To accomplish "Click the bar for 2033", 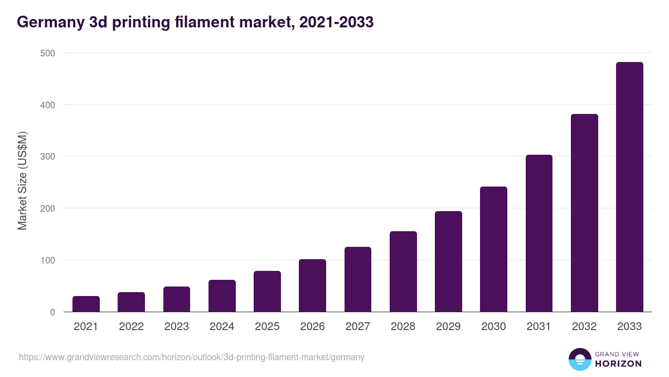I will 629,187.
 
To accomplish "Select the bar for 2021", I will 86,304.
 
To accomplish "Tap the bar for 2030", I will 493,250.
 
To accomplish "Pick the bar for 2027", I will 358,280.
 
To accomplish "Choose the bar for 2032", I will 584,213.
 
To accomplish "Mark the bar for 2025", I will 267,292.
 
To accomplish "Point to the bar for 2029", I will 448,262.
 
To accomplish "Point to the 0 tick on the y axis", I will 52,312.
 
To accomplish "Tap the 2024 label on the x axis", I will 222,327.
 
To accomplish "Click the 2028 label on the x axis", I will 403,327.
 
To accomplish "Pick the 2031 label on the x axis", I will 539,327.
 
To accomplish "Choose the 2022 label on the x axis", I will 131,327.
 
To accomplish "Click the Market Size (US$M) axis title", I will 22,180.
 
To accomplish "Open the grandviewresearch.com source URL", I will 192,357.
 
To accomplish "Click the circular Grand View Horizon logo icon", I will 579,359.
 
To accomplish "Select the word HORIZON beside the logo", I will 618,364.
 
